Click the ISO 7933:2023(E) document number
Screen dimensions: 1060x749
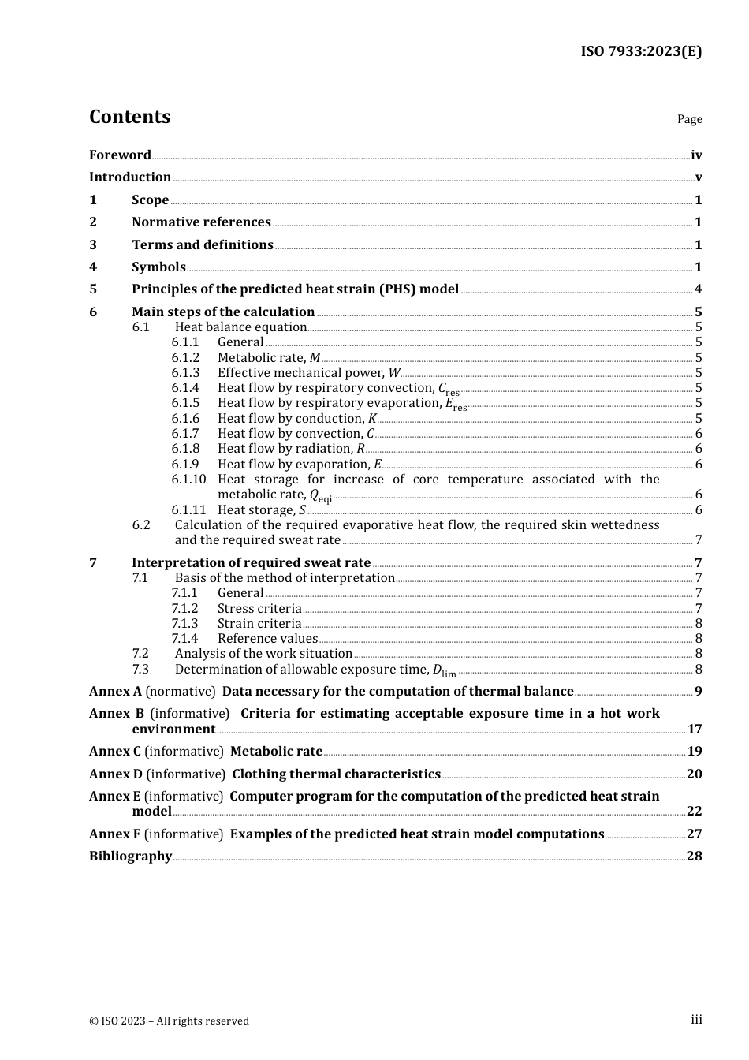641,51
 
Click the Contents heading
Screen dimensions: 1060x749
129,117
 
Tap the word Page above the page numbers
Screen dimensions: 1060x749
689,119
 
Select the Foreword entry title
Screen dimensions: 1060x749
120,155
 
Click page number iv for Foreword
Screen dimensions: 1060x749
696,155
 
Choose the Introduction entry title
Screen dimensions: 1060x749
130,177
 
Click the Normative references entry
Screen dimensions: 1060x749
201,222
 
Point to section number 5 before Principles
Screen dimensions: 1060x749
93,289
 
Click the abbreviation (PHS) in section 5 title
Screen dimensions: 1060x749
397,289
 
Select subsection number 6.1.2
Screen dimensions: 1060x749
185,358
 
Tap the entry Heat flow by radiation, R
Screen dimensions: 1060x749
291,449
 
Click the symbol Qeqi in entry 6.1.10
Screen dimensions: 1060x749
320,495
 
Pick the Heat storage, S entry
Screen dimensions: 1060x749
262,510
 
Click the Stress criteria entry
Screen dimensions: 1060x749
259,609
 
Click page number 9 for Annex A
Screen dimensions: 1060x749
698,692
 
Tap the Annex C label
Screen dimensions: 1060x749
115,752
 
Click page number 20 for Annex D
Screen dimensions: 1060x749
694,774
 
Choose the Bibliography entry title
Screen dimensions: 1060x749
130,857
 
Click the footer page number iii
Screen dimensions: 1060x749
696,1020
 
